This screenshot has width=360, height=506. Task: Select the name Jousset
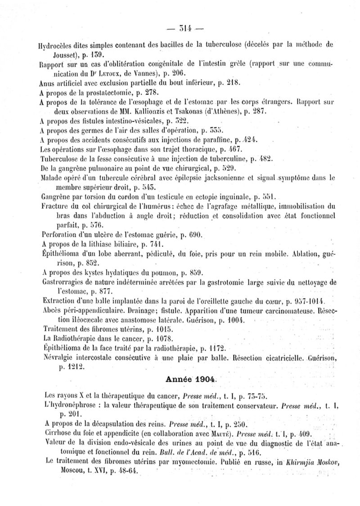(51, 55)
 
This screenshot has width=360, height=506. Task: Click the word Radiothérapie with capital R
(73, 338)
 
